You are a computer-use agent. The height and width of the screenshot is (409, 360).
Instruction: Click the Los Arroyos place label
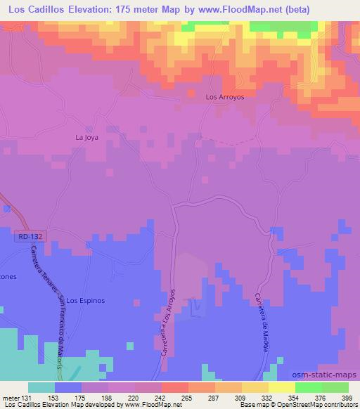pyautogui.click(x=224, y=97)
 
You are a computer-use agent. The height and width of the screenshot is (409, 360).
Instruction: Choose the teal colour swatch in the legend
pyautogui.click(x=41, y=387)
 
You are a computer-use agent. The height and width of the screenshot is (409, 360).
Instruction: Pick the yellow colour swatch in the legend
pyautogui.click(x=282, y=387)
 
